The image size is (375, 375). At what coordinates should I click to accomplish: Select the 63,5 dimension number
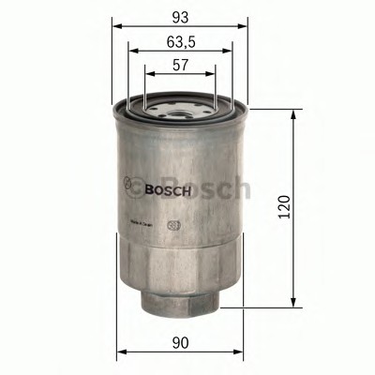coord(180,40)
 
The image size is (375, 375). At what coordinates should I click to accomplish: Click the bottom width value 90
coord(181,343)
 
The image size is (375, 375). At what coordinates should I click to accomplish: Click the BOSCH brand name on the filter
coord(168,188)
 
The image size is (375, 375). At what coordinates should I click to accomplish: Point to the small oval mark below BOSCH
coord(172,223)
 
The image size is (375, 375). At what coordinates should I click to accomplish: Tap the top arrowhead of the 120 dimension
coord(298,112)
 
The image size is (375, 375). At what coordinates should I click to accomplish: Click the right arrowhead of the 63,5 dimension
coord(229,52)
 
